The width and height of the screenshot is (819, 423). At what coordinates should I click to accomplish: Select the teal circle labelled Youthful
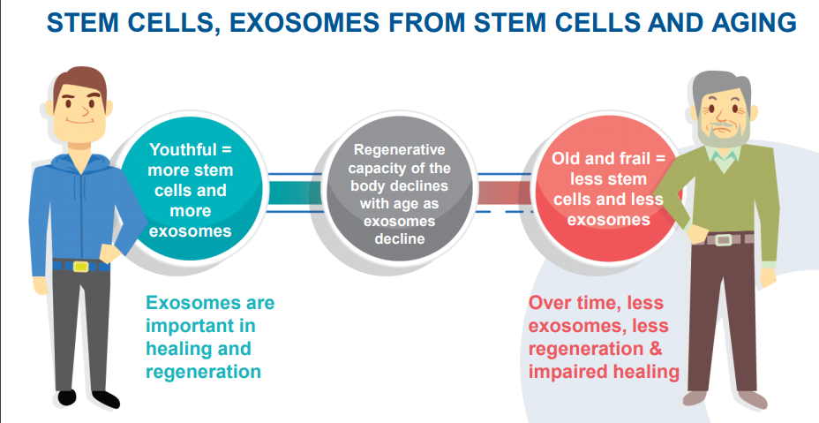tap(190, 192)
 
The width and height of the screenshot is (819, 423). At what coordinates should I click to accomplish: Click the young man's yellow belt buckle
tap(80, 267)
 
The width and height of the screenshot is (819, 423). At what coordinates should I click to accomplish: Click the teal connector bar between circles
tap(295, 193)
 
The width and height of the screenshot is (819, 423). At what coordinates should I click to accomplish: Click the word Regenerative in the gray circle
tap(400, 150)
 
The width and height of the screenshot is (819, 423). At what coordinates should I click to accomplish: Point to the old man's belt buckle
tap(723, 240)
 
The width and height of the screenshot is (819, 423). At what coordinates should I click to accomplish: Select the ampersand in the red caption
tap(655, 348)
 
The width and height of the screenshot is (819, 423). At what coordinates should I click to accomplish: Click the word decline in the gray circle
tap(400, 239)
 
